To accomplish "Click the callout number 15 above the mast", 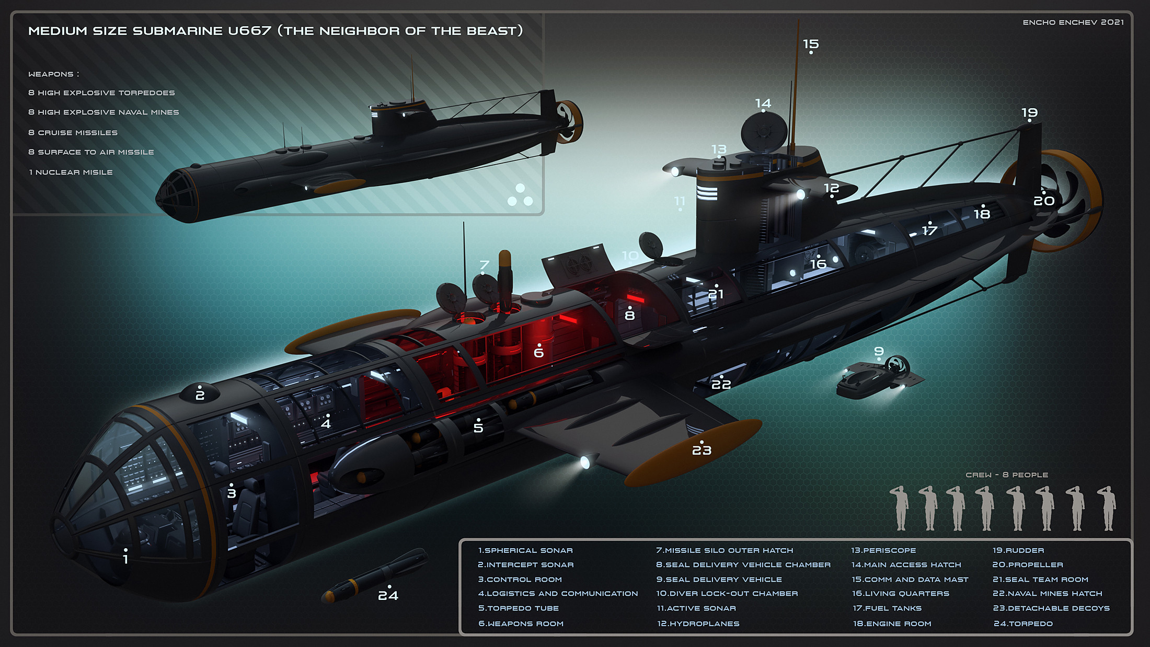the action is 811,44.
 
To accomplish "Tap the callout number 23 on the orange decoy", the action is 701,450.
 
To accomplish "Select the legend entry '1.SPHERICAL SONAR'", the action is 525,550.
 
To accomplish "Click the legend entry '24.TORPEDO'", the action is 1023,623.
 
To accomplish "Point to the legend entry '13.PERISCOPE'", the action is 883,550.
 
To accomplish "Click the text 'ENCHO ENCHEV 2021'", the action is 1073,22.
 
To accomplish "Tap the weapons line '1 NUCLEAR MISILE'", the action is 71,172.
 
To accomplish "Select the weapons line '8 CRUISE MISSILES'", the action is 73,133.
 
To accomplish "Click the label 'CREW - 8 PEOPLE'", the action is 1007,475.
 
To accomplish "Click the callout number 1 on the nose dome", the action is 125,559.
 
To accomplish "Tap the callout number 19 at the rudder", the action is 1029,112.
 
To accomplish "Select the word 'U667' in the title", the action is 249,31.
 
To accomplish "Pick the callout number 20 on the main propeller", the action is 1044,201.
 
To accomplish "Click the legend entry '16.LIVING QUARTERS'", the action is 900,594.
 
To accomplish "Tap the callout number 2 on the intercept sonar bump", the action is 200,395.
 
